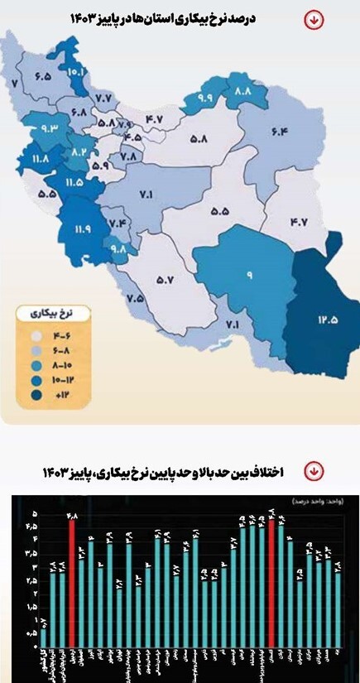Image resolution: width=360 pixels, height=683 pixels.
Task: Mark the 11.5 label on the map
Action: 74,181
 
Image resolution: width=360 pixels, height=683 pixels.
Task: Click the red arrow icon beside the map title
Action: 314,19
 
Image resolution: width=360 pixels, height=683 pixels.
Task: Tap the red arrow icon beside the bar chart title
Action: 314,471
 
